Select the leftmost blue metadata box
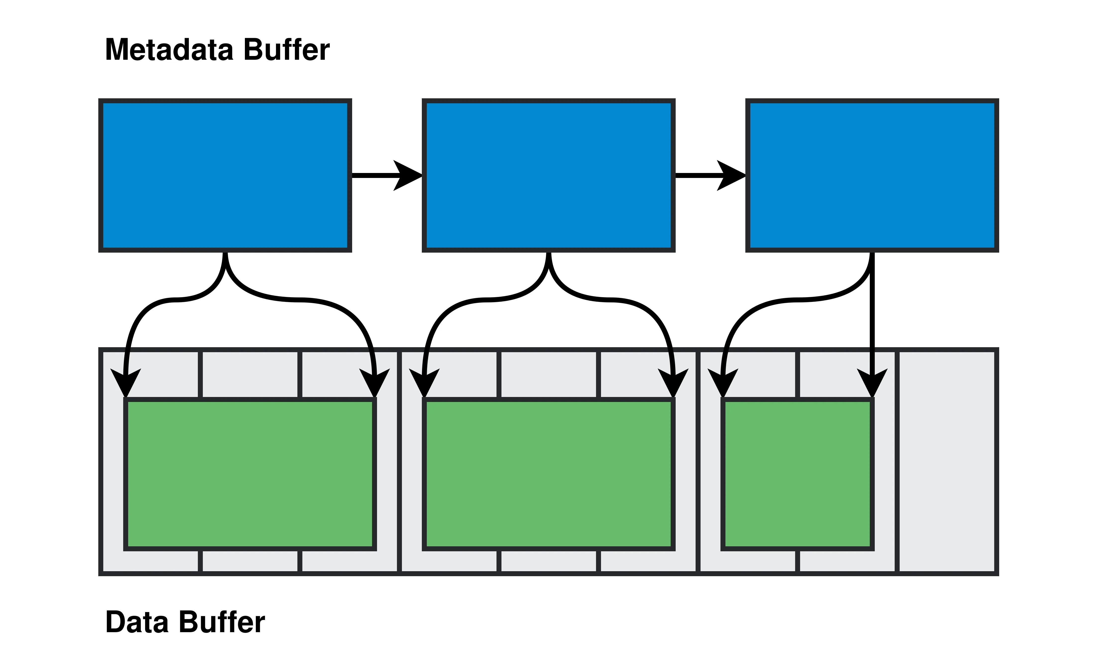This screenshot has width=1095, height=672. click(x=225, y=175)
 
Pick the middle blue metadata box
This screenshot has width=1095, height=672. click(x=548, y=175)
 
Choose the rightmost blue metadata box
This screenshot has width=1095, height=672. click(x=872, y=175)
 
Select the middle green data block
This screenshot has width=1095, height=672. click(x=548, y=474)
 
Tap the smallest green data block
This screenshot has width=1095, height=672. click(x=798, y=474)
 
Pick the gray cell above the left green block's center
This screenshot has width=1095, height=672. click(x=250, y=374)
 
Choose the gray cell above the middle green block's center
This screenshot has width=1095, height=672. click(x=549, y=374)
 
